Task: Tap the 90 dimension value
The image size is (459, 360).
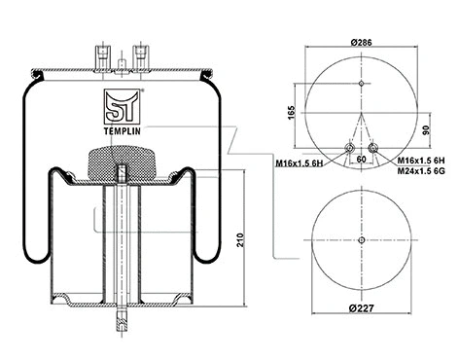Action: pyautogui.click(x=425, y=131)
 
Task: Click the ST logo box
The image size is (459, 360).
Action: pyautogui.click(x=119, y=101)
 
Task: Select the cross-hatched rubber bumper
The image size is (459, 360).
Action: pyautogui.click(x=120, y=162)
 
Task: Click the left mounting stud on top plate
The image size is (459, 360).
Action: pyautogui.click(x=99, y=54)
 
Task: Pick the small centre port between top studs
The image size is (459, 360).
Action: pyautogui.click(x=119, y=65)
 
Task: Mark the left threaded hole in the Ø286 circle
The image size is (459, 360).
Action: pyautogui.click(x=348, y=148)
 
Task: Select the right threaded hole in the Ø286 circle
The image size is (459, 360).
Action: pyautogui.click(x=373, y=148)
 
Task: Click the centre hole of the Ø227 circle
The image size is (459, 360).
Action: pyautogui.click(x=361, y=240)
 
